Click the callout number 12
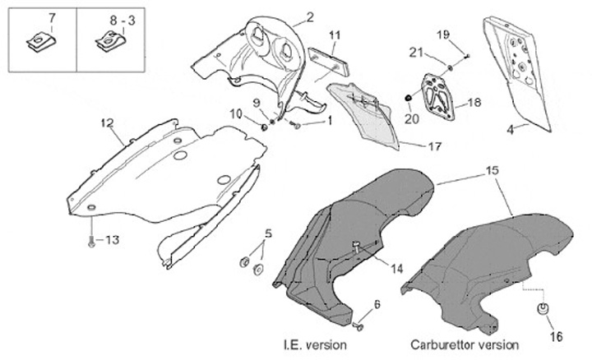click(x=107, y=123)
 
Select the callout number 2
click(x=310, y=16)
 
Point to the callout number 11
click(x=335, y=35)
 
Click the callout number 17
click(x=435, y=146)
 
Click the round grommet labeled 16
click(x=543, y=310)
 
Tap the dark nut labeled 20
click(x=409, y=99)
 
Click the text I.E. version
click(x=313, y=345)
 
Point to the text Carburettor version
click(x=465, y=345)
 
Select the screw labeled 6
click(x=358, y=326)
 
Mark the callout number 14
click(x=398, y=268)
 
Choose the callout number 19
click(x=444, y=35)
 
